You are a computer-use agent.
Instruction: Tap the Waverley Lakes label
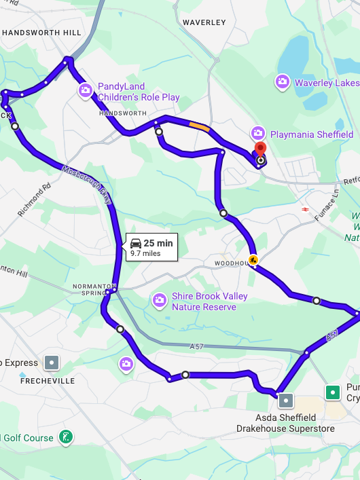(x=327, y=83)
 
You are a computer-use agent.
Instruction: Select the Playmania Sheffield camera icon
(x=257, y=133)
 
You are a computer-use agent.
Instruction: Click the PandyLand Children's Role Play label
(x=138, y=92)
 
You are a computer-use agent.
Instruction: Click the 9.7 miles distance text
(x=145, y=254)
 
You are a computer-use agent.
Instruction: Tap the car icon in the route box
(x=136, y=243)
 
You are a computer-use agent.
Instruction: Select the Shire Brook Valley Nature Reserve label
(x=209, y=301)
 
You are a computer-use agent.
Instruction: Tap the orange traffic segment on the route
(x=200, y=126)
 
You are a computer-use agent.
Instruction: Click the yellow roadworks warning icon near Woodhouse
(x=253, y=259)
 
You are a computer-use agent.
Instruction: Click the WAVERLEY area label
(x=204, y=22)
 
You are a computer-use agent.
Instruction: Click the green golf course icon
(x=65, y=437)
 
